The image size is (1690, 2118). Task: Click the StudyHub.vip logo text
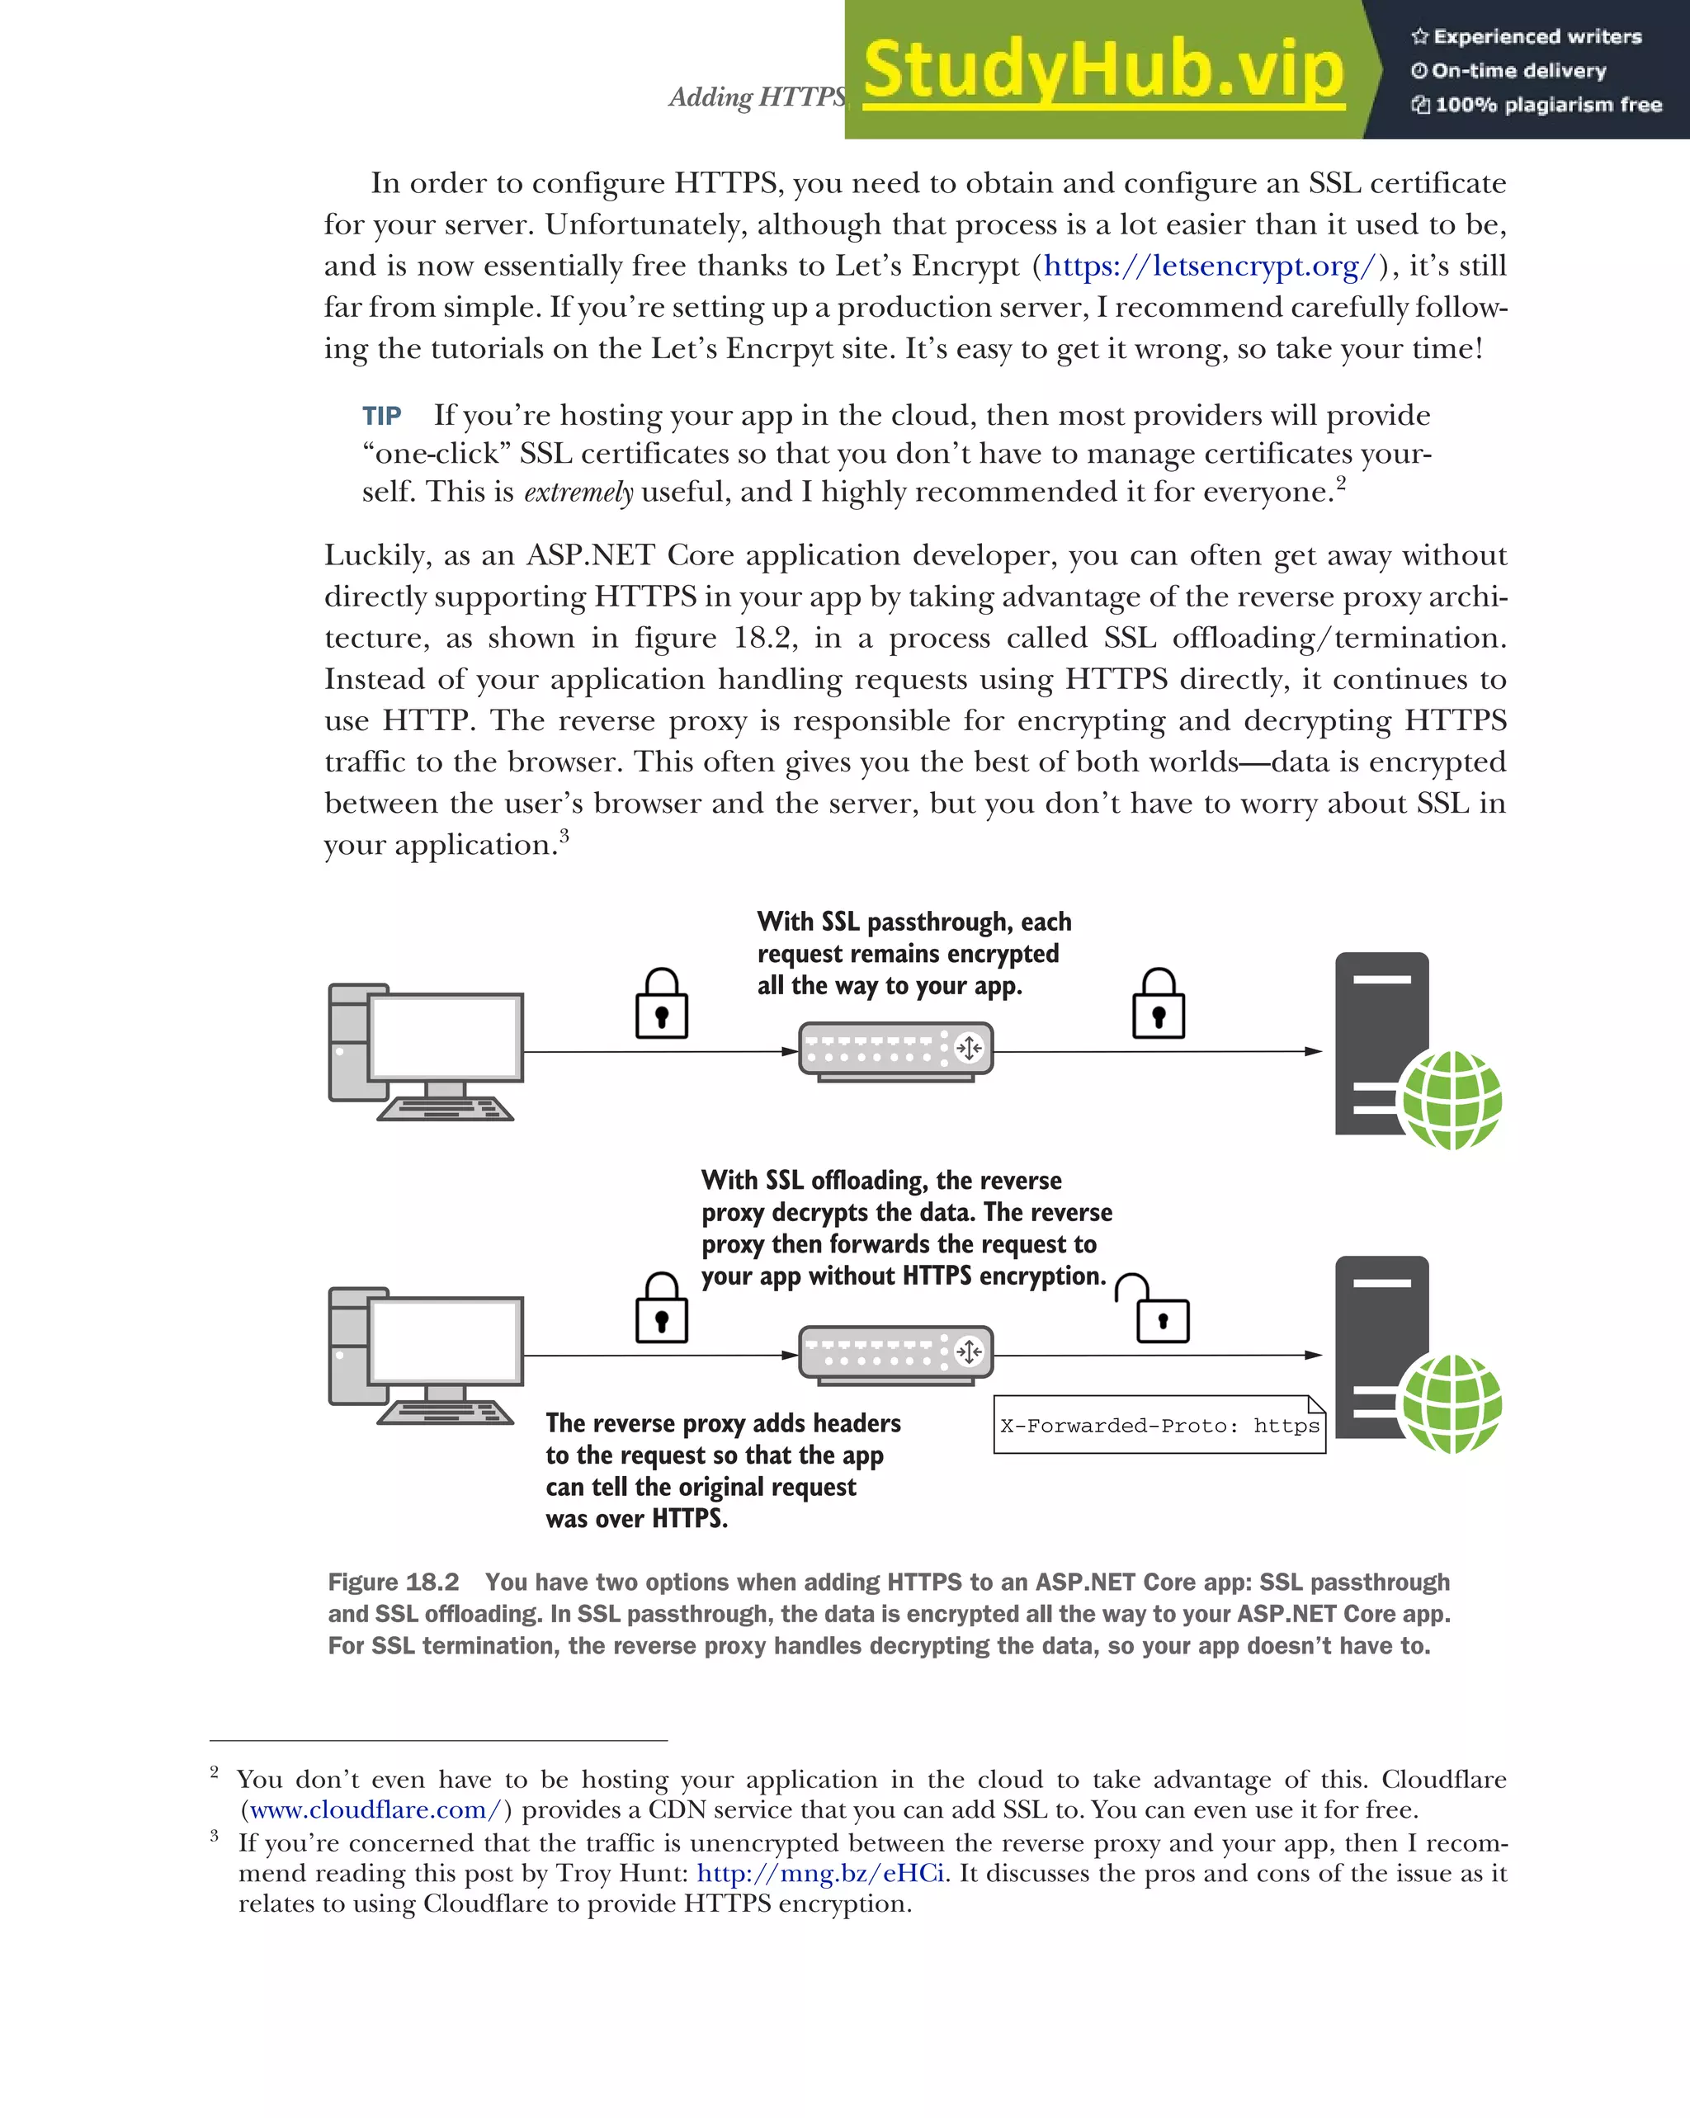(x=1103, y=71)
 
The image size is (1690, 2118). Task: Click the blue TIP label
(x=381, y=416)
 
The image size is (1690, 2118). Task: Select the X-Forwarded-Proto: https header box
(x=1159, y=1426)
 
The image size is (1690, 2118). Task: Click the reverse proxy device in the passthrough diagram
(x=895, y=1051)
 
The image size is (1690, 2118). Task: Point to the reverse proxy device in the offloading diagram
(x=895, y=1355)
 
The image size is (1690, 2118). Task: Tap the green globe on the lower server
(x=1452, y=1403)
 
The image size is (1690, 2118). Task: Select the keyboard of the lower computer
(x=445, y=1413)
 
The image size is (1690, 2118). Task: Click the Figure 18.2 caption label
(x=393, y=1582)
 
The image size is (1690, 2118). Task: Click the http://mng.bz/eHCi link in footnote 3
(x=820, y=1874)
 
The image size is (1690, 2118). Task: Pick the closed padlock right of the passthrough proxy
(x=1159, y=1006)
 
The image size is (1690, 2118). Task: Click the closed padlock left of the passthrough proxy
(x=661, y=1006)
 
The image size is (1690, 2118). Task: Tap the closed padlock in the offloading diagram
(x=661, y=1310)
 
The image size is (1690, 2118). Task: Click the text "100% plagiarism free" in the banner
(x=1547, y=105)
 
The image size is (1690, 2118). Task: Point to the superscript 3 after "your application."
(x=564, y=835)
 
